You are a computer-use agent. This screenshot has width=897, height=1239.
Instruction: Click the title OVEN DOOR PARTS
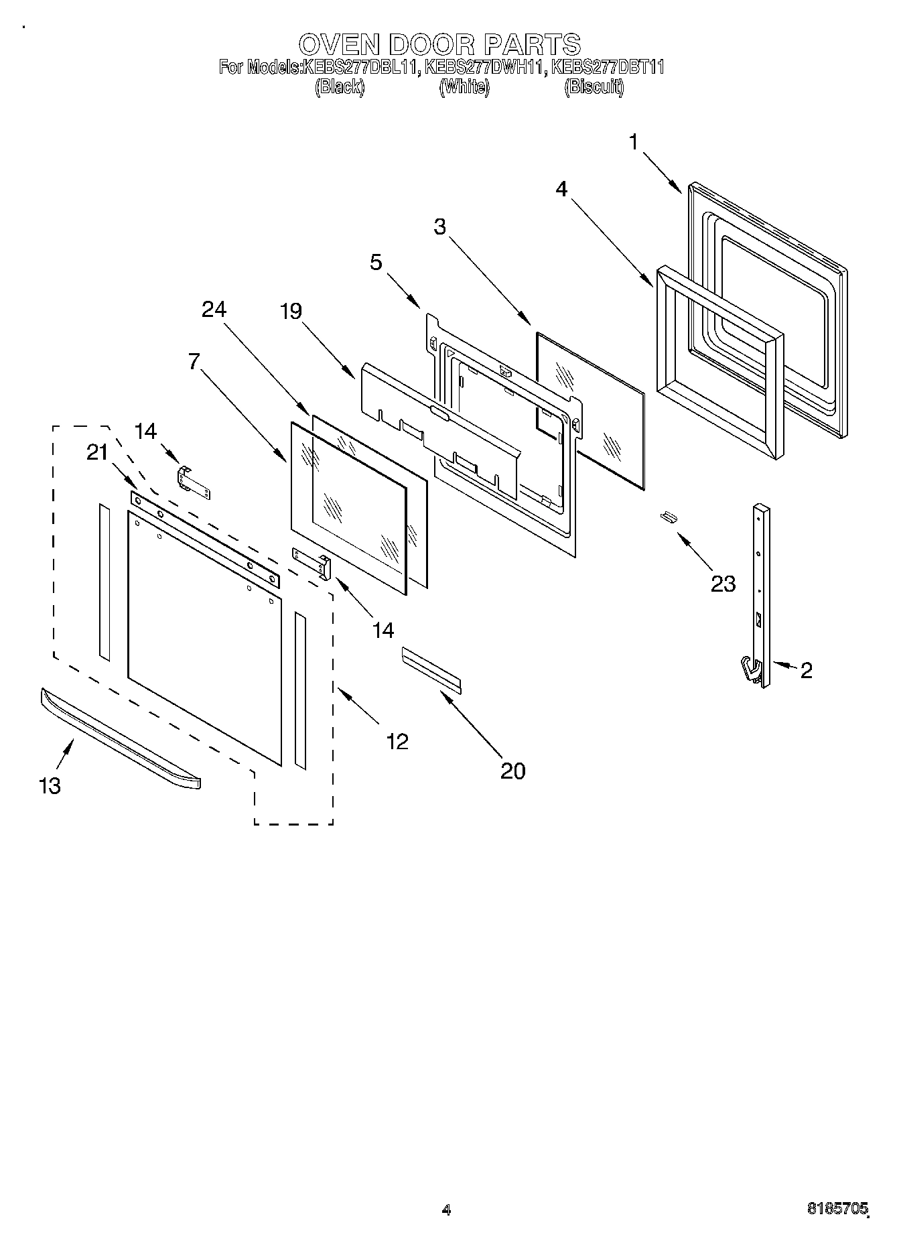[439, 45]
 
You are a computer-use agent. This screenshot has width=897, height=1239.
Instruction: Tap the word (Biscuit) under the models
[594, 87]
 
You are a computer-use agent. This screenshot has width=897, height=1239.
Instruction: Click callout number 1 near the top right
[633, 142]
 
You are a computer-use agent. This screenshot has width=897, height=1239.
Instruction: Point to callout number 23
[723, 584]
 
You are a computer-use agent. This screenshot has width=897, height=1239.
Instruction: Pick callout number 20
[512, 771]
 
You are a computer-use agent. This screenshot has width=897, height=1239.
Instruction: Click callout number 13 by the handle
[50, 785]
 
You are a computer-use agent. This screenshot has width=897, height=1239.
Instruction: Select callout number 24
[214, 309]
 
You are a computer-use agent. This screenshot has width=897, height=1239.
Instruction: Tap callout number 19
[291, 311]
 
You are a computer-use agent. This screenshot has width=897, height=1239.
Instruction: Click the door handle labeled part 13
[121, 740]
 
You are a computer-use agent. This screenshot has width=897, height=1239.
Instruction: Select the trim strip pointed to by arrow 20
[431, 669]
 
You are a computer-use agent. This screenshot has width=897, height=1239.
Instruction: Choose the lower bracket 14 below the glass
[312, 562]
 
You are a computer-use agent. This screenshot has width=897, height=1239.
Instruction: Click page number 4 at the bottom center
[447, 1210]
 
